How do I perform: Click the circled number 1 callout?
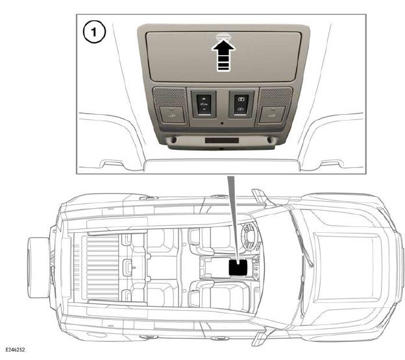coord(94,32)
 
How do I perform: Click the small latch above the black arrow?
coord(223,37)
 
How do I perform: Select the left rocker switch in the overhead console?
coord(204,104)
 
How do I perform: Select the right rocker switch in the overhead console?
coord(241,104)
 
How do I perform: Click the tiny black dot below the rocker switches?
coord(222,123)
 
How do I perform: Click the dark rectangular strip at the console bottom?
coord(222,140)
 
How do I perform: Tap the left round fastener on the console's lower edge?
coord(174,140)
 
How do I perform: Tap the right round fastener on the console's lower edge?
coord(269,140)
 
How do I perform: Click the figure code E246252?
coord(15,350)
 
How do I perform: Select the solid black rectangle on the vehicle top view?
coord(238,267)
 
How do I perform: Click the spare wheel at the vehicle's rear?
coord(38,267)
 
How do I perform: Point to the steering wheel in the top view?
coord(248,237)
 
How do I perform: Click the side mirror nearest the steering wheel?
coord(259,197)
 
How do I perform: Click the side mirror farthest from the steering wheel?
coord(260,337)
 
